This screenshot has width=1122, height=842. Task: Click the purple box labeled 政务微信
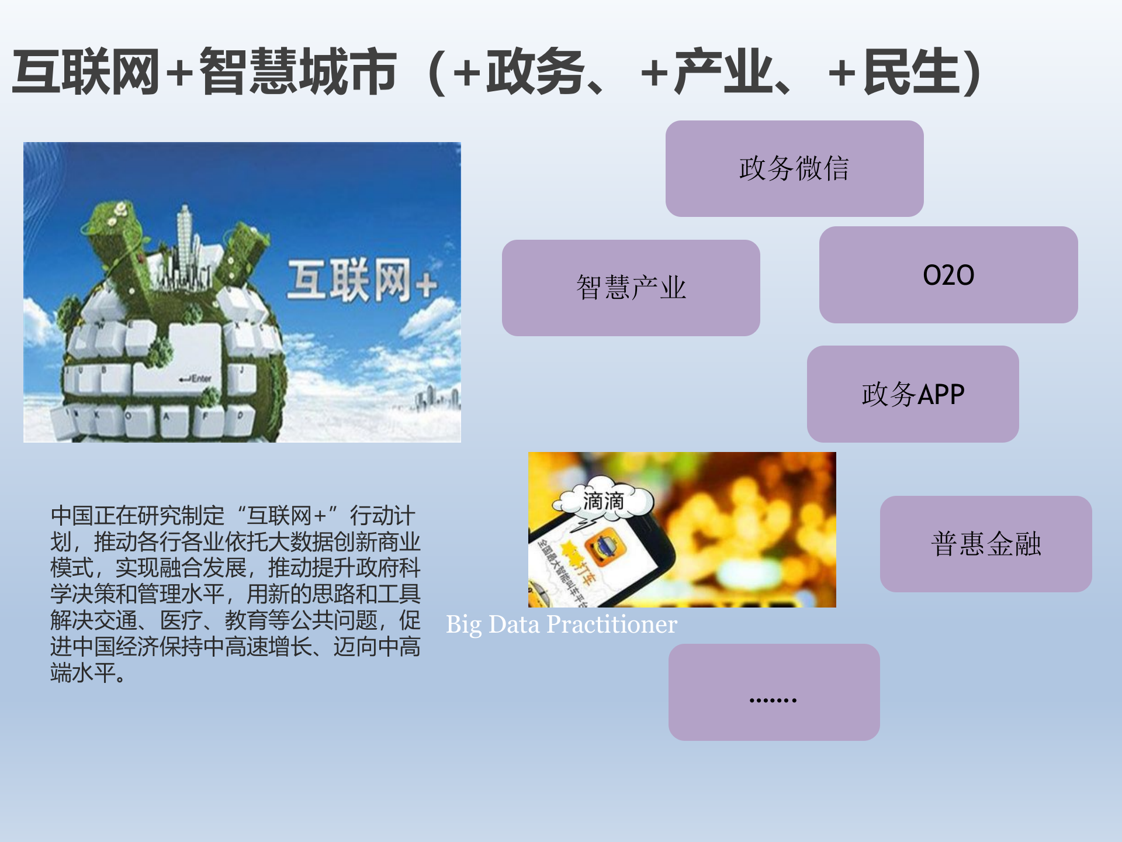click(794, 168)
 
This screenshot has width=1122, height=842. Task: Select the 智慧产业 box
click(631, 288)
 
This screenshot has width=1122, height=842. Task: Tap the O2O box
click(948, 275)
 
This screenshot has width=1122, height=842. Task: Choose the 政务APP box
click(912, 394)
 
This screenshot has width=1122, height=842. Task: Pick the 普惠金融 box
click(985, 544)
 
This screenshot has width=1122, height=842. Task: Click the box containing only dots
click(774, 692)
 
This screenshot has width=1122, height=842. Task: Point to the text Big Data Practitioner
click(561, 624)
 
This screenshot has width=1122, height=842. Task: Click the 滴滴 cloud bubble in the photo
click(603, 501)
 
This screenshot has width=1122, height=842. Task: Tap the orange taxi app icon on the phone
click(605, 547)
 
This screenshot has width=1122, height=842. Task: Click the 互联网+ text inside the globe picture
click(361, 282)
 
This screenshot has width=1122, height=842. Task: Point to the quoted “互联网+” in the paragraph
click(286, 516)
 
